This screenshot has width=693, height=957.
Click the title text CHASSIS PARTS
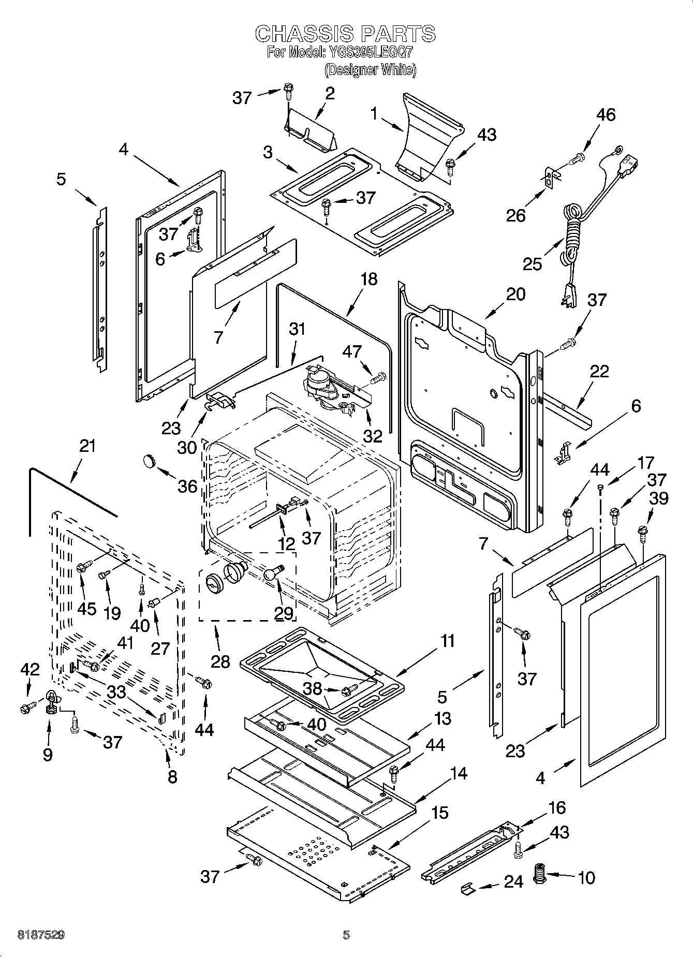[346, 34]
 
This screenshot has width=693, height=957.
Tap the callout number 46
[606, 114]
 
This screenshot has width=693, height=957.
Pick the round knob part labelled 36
[150, 460]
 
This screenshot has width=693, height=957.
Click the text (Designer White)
[370, 69]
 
